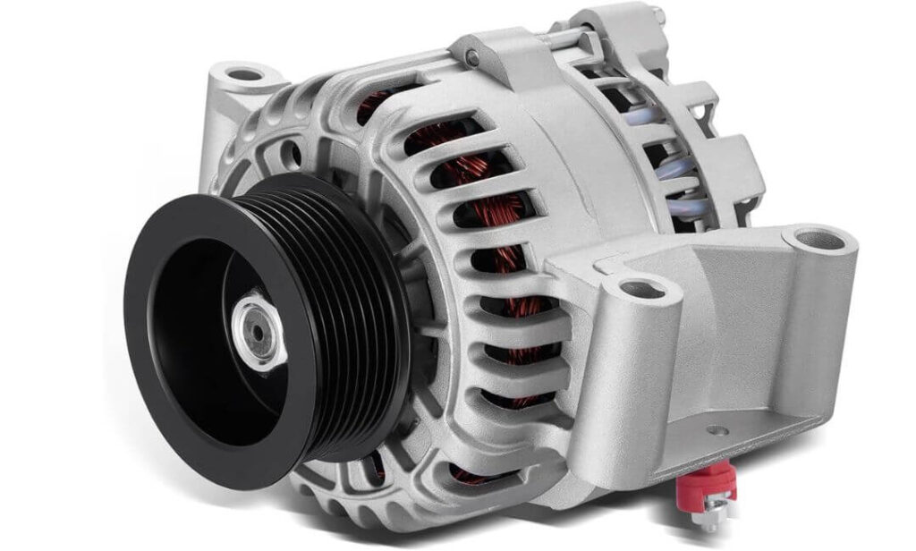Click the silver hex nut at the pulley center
[x=259, y=334]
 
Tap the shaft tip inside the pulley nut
[x=257, y=333]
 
